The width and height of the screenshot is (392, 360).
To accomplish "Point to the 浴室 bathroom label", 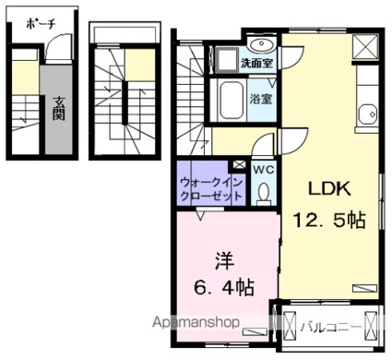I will pyautogui.click(x=259, y=98).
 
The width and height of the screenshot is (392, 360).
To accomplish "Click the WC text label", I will pyautogui.click(x=261, y=169).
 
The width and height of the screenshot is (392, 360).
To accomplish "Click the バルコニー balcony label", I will pyautogui.click(x=330, y=325).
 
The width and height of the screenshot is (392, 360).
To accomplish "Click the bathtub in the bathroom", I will pyautogui.click(x=232, y=100).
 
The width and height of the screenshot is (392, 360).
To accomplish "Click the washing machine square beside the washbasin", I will pyautogui.click(x=224, y=58).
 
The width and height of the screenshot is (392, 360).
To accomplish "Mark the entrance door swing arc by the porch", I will pyautogui.click(x=57, y=47).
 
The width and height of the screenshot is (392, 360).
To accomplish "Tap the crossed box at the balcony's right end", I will pyautogui.click(x=371, y=326).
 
